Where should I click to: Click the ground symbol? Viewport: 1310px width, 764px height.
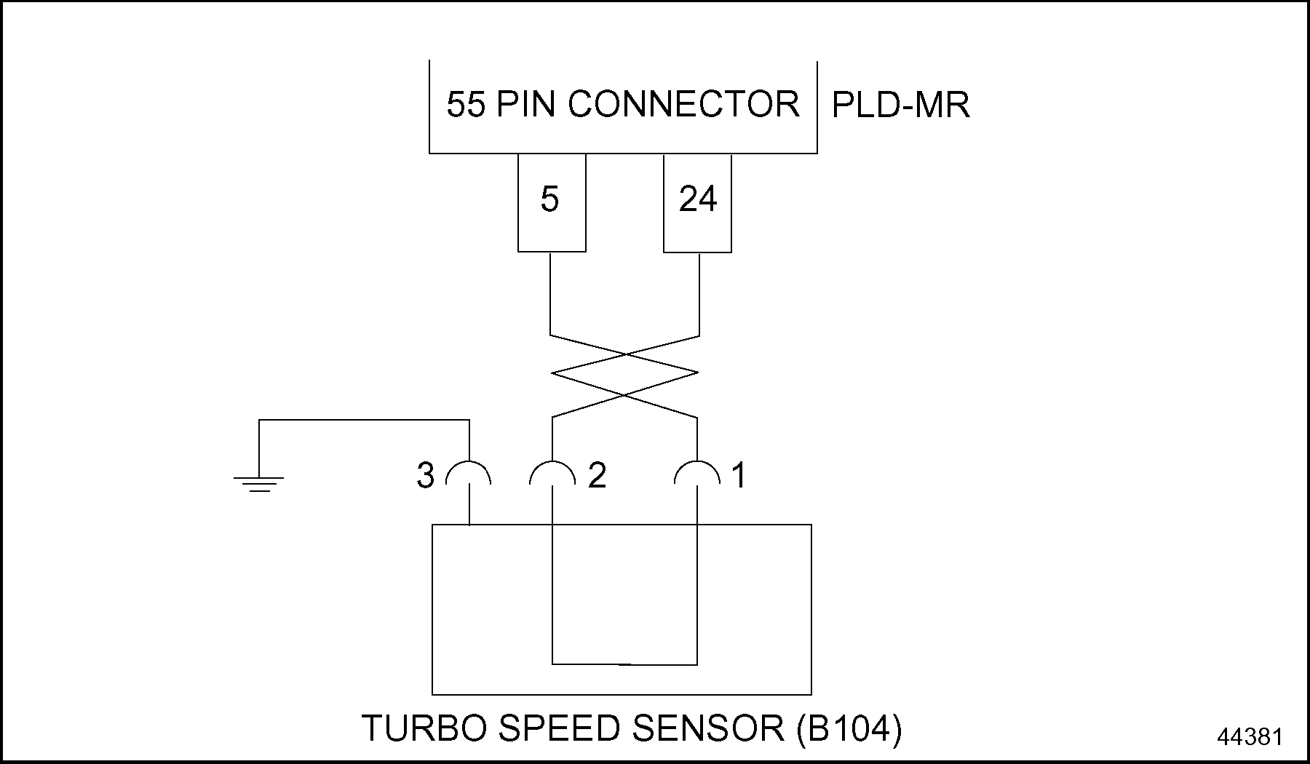click(x=258, y=482)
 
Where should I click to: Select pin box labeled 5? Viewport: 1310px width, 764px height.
click(x=552, y=202)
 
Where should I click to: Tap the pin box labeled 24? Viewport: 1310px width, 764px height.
click(x=697, y=202)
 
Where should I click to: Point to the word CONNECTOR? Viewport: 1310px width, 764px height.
click(x=683, y=104)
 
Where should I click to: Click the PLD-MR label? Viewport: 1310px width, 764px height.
click(x=900, y=106)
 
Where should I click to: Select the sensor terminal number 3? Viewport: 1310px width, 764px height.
click(x=426, y=476)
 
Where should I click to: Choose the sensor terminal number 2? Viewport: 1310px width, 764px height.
click(x=597, y=476)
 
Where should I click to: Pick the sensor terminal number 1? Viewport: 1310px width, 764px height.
click(x=739, y=476)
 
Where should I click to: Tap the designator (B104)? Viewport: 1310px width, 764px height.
click(x=849, y=728)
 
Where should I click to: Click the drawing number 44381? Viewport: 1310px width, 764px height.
click(x=1250, y=737)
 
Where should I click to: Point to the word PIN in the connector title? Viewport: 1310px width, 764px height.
click(x=528, y=104)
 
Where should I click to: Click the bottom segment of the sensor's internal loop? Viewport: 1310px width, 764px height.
click(x=624, y=664)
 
